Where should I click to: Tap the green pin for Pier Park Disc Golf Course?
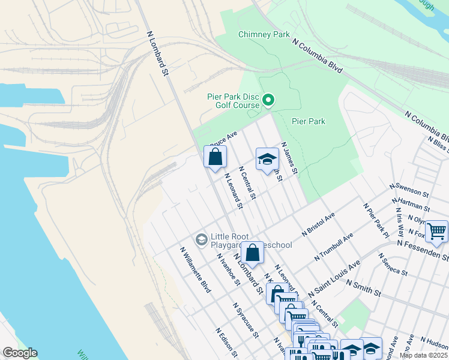(269, 100)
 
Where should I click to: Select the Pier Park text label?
(309, 121)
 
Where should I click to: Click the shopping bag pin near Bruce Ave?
(215, 158)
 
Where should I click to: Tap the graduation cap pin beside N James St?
(267, 160)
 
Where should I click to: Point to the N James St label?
(289, 158)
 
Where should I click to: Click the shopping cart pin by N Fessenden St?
(436, 230)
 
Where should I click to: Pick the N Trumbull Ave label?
(334, 247)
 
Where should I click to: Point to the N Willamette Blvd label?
(196, 269)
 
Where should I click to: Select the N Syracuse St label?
(246, 319)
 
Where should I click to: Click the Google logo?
(20, 353)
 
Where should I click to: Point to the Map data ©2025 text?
(423, 355)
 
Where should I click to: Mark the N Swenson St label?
(409, 190)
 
